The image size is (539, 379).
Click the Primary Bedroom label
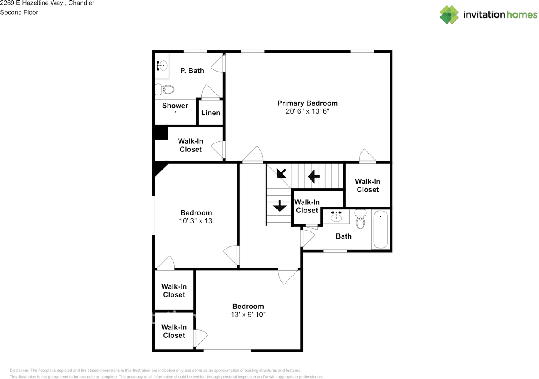(x=307, y=103)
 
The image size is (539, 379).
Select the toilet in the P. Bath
(x=165, y=89)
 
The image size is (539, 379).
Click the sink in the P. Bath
(x=162, y=66)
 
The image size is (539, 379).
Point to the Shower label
(x=175, y=106)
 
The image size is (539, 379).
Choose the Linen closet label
(x=211, y=113)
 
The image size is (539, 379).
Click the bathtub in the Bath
(x=381, y=230)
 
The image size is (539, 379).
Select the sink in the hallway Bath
(x=336, y=217)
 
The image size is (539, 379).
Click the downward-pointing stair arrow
(x=279, y=206)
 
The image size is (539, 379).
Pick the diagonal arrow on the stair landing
(x=281, y=173)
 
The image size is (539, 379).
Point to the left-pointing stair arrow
(x=314, y=176)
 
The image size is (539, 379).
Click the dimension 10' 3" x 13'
(x=196, y=220)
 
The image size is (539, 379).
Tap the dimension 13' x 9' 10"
(x=248, y=314)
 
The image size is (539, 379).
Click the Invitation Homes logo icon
(x=449, y=15)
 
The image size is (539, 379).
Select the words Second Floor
(x=19, y=12)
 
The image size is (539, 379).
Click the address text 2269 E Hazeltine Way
(x=31, y=3)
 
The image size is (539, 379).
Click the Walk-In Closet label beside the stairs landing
(x=307, y=206)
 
